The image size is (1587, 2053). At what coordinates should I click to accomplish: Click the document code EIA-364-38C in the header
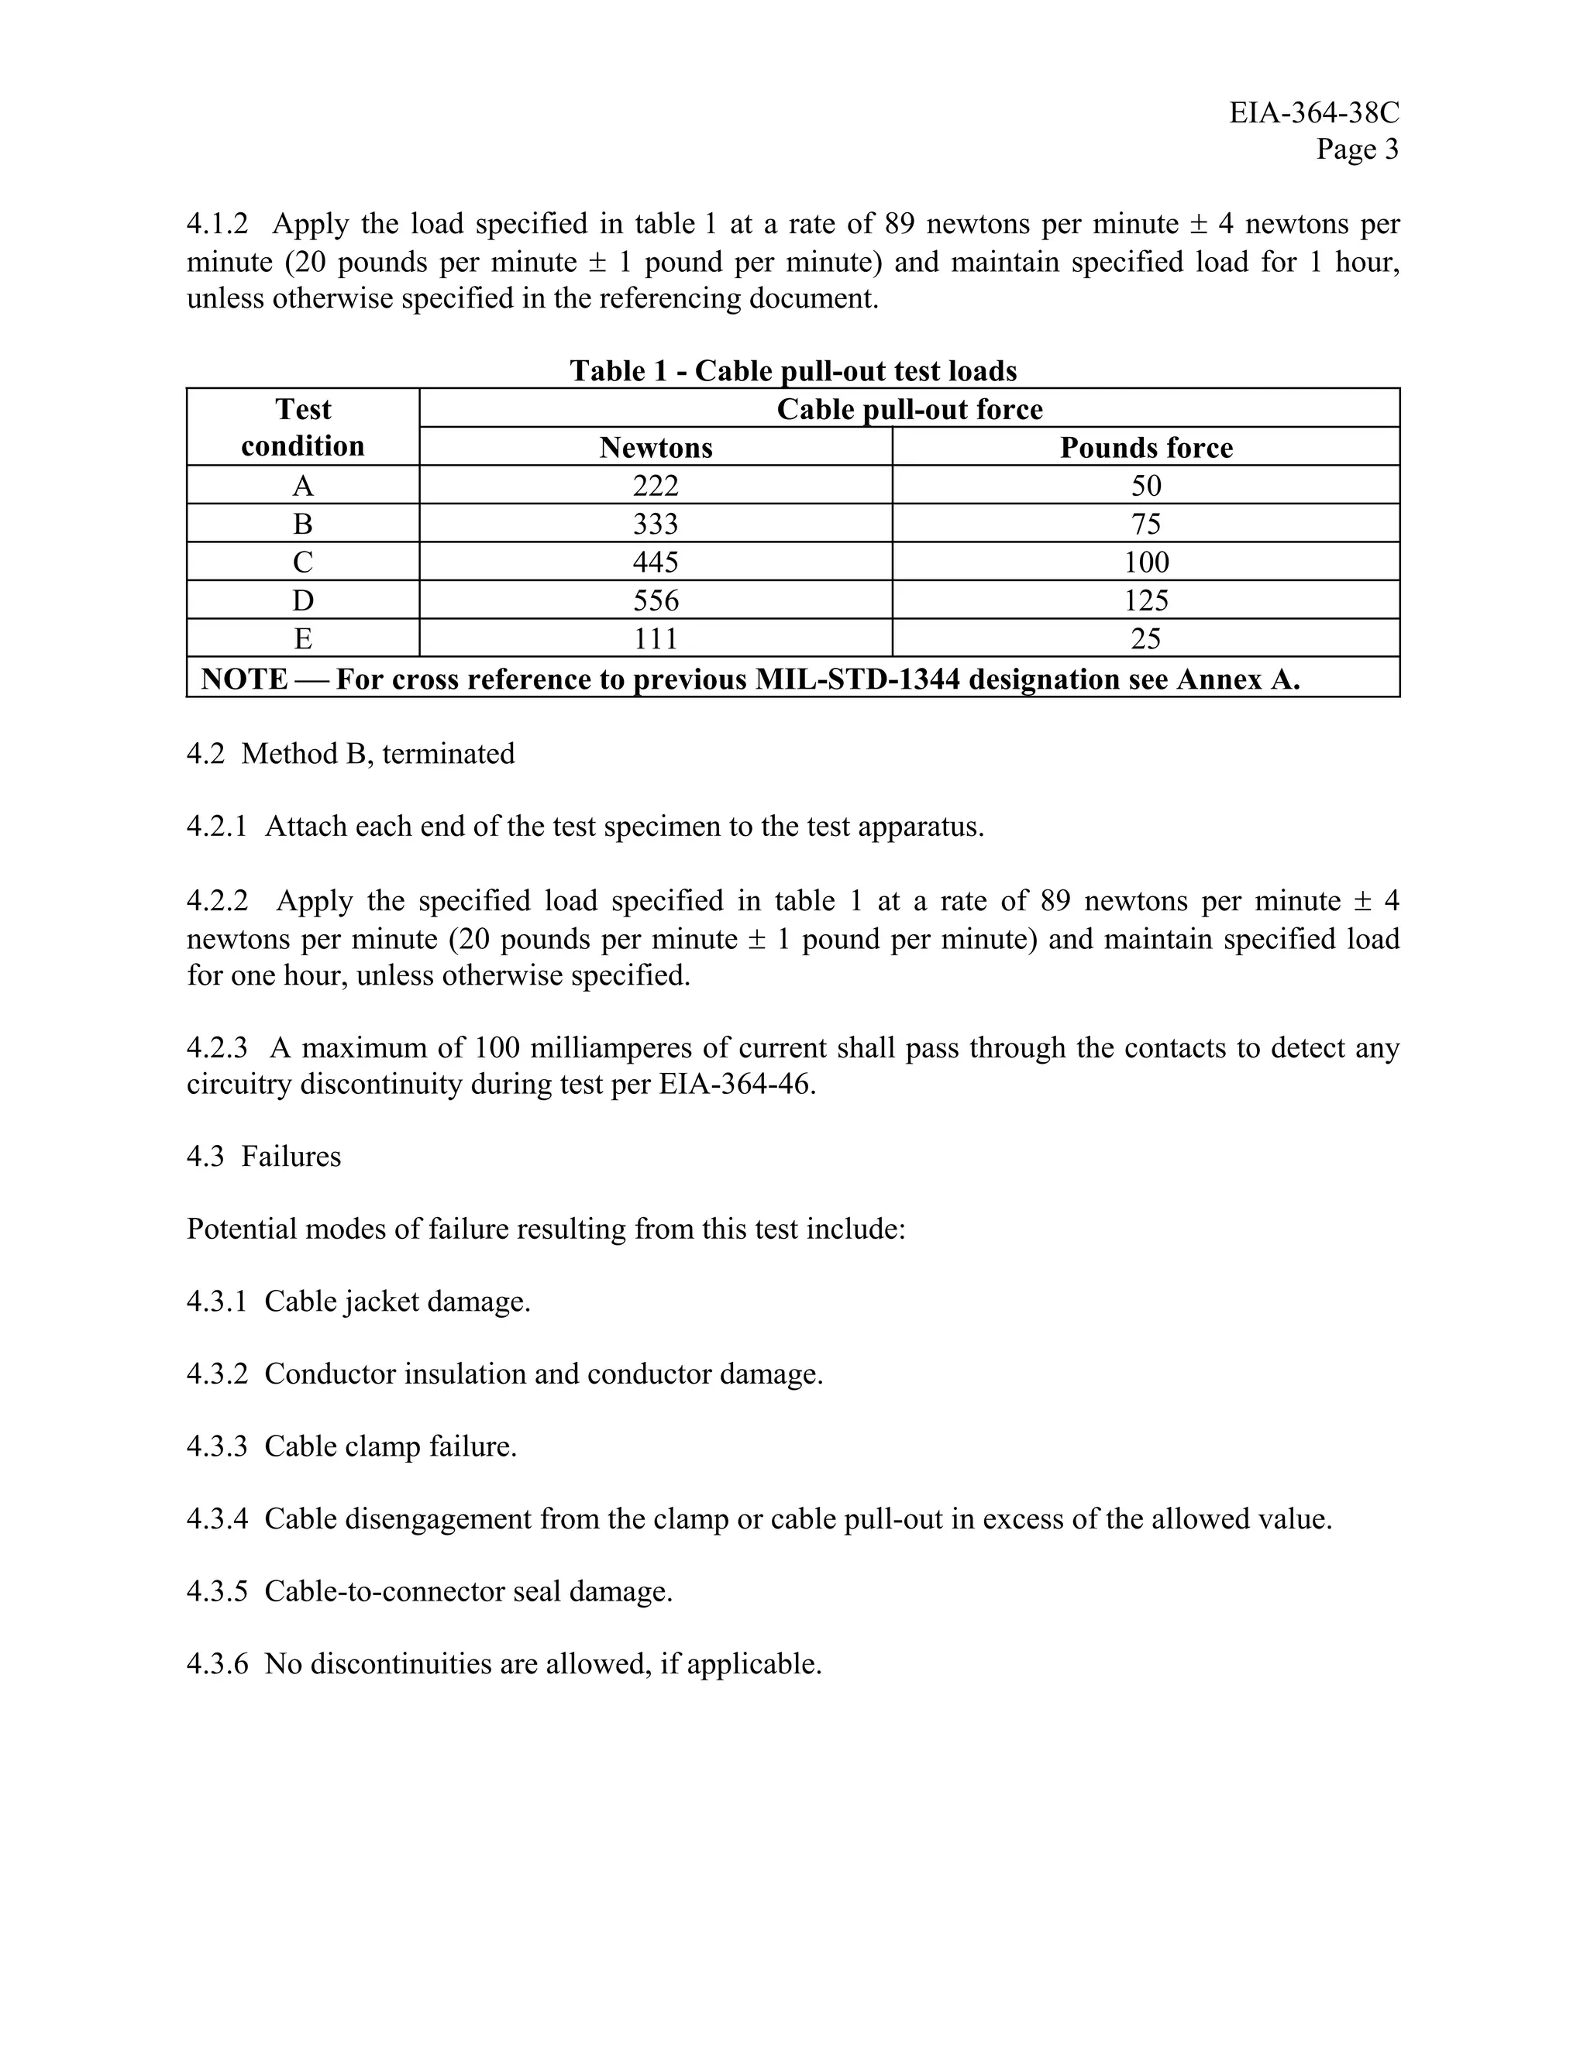[x=1313, y=113]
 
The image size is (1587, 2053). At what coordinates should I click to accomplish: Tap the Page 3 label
[x=1357, y=150]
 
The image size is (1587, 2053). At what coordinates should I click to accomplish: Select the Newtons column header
[x=656, y=448]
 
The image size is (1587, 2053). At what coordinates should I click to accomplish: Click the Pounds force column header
[x=1146, y=448]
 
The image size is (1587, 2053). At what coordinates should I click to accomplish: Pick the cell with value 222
[x=656, y=486]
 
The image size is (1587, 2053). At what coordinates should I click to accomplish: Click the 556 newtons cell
[x=656, y=600]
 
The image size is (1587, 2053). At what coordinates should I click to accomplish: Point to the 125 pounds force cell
[x=1146, y=600]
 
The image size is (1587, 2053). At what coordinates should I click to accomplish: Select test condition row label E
[x=303, y=639]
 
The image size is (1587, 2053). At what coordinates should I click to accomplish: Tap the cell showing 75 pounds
[x=1146, y=524]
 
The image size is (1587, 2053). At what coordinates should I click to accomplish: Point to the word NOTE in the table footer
[x=244, y=679]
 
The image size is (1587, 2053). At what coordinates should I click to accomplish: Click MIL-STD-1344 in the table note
[x=858, y=679]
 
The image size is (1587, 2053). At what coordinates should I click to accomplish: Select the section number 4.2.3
[x=217, y=1047]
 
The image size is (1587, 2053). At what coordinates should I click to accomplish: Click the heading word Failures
[x=291, y=1156]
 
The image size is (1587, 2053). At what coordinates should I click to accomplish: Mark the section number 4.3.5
[x=217, y=1591]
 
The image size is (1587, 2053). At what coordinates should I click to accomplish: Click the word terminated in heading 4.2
[x=449, y=754]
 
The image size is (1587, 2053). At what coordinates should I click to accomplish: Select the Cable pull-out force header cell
[x=909, y=409]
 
